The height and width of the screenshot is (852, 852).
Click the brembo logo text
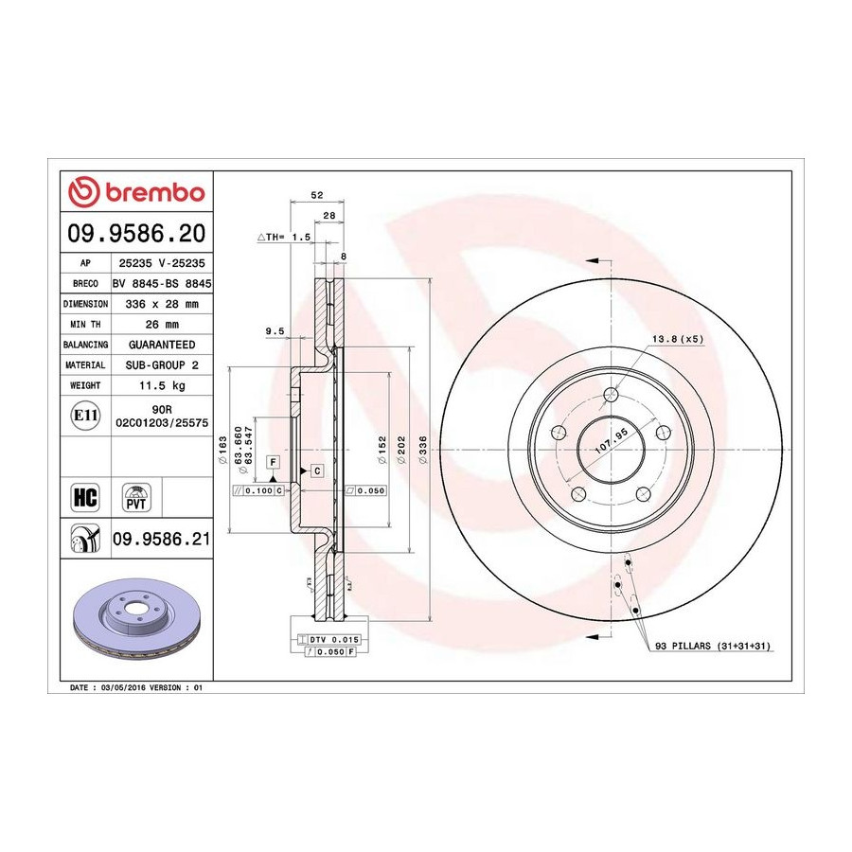155,192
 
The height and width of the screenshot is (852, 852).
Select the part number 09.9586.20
135,233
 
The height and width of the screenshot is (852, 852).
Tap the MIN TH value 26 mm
162,325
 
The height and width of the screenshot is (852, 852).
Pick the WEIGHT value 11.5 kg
162,385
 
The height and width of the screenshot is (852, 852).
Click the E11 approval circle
85,416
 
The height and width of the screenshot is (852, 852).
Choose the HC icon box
85,497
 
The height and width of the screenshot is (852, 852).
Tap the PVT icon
135,498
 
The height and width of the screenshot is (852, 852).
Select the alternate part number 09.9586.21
161,539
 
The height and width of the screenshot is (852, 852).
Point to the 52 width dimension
317,195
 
